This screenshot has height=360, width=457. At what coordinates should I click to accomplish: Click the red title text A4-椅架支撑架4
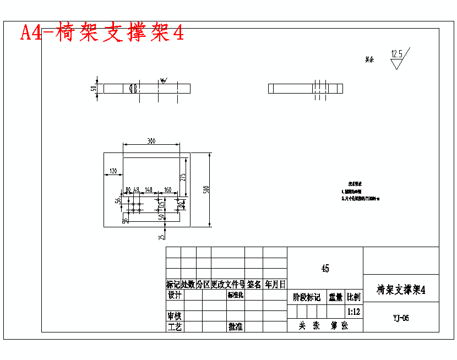(102, 32)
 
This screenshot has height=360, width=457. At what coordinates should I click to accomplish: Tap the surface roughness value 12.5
(396, 54)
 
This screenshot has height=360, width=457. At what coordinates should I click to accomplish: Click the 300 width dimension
(151, 141)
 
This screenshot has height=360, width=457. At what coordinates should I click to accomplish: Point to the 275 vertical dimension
(183, 177)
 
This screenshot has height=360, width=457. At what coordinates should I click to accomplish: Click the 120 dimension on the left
(114, 171)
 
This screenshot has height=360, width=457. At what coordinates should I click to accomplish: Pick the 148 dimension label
(148, 189)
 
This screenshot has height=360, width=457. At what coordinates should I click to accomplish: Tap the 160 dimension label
(167, 189)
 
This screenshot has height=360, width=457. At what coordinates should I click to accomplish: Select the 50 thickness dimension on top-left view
(94, 88)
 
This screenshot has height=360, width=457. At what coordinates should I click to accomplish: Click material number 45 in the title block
(325, 269)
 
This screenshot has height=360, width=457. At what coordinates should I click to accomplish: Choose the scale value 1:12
(354, 312)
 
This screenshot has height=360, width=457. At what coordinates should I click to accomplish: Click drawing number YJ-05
(401, 318)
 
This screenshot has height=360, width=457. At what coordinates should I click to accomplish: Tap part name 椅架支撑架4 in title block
(401, 290)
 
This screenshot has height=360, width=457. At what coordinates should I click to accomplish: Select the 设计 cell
(175, 296)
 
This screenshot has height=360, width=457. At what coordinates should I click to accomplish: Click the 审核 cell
(175, 317)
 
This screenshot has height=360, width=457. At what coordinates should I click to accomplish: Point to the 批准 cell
(236, 327)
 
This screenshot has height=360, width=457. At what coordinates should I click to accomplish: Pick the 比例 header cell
(354, 298)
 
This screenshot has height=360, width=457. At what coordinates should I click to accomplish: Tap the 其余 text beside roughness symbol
(369, 59)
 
